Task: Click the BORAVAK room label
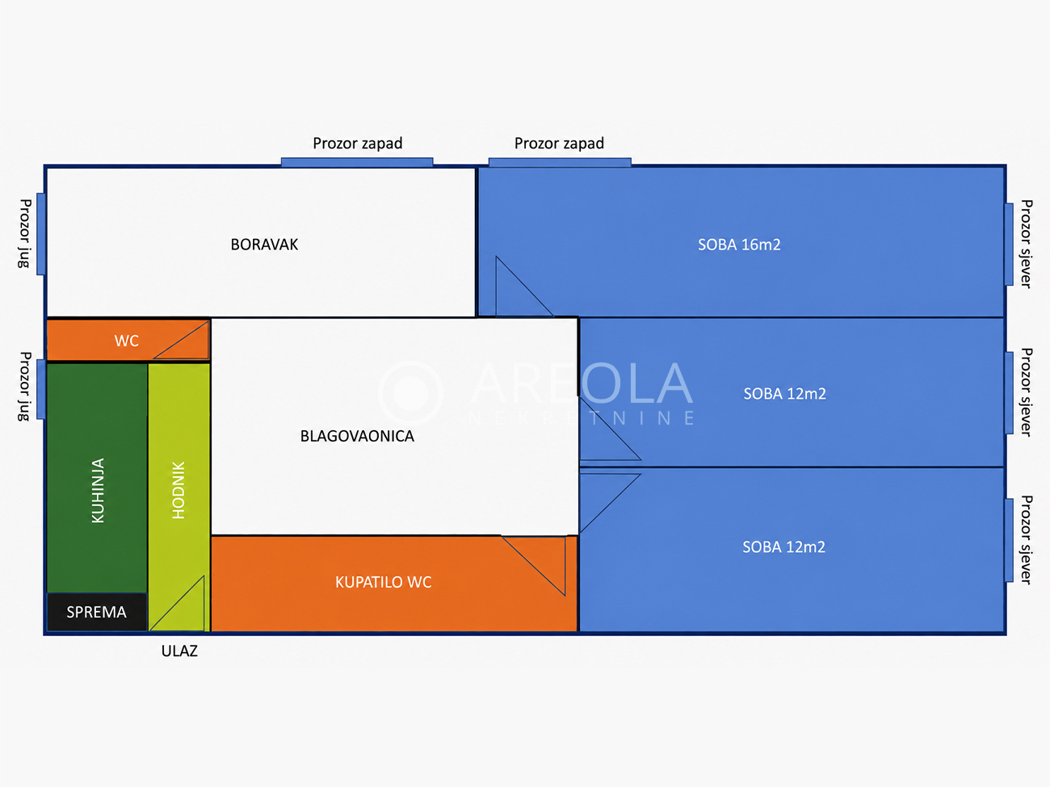tap(264, 245)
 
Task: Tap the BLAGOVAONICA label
tap(357, 436)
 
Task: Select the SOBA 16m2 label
tap(739, 245)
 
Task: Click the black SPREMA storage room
tap(97, 612)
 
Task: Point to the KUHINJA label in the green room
tap(98, 490)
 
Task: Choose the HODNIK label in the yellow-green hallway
tap(178, 490)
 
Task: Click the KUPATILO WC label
tap(383, 582)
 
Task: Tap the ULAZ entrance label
tap(179, 651)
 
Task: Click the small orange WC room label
tap(127, 341)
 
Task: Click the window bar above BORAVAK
tap(357, 162)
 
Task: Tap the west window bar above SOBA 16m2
tap(560, 162)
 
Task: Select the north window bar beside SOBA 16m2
tap(1009, 245)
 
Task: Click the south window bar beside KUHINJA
tap(41, 389)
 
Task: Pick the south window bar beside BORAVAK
tap(41, 234)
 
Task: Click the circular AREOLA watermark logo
tap(410, 393)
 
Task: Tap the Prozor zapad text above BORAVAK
tap(357, 144)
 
